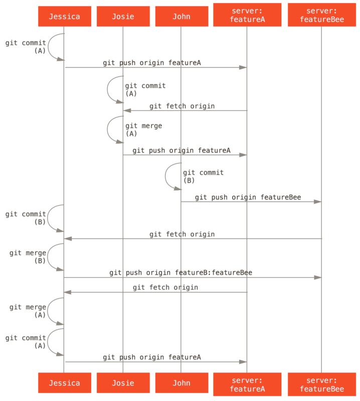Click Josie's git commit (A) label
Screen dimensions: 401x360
coord(145,90)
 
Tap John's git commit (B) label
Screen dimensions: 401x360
coord(203,176)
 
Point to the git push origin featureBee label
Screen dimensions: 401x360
coord(248,197)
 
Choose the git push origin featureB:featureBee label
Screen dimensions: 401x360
coord(181,273)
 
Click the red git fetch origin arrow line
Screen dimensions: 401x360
coord(155,292)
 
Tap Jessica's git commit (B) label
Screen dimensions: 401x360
coord(26,218)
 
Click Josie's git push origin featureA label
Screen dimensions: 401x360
coord(182,150)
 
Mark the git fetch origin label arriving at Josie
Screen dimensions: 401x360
coord(182,106)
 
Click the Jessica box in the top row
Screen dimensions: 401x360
coord(64,17)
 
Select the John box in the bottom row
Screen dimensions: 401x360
coord(181,383)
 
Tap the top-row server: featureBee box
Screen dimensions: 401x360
coord(321,16)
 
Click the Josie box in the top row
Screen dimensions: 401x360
coord(123,17)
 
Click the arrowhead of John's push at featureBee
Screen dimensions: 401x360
coord(317,202)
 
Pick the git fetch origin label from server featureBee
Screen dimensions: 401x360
coord(182,235)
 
